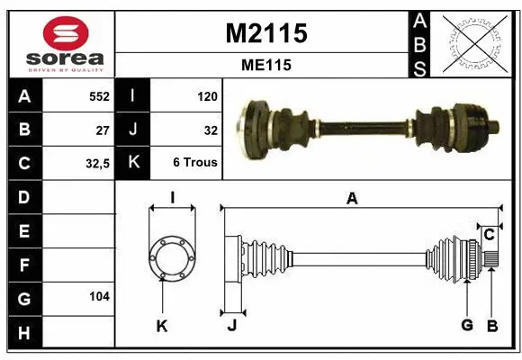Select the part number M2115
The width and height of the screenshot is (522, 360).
coord(265,33)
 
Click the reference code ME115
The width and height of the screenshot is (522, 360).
coord(265,65)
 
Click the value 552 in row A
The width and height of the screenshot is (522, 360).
coord(98,95)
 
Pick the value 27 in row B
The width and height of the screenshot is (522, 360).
coord(103,130)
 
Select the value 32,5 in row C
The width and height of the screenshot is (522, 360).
coord(96,164)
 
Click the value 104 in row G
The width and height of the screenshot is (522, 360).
coord(98,296)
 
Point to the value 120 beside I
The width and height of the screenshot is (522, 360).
coord(207,95)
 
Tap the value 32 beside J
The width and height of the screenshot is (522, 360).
coord(211,130)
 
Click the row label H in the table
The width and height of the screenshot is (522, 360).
coord(23,333)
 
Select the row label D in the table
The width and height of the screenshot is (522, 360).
coord(23,196)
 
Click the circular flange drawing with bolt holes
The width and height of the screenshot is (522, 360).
coord(171,258)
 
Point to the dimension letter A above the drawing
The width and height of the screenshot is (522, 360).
coord(352,199)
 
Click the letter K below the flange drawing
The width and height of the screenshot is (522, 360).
coord(162,326)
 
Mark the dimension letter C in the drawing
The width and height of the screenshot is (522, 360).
coord(489,235)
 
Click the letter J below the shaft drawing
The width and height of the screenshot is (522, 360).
coord(231,326)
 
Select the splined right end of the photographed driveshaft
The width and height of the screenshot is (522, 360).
coord(492,125)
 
